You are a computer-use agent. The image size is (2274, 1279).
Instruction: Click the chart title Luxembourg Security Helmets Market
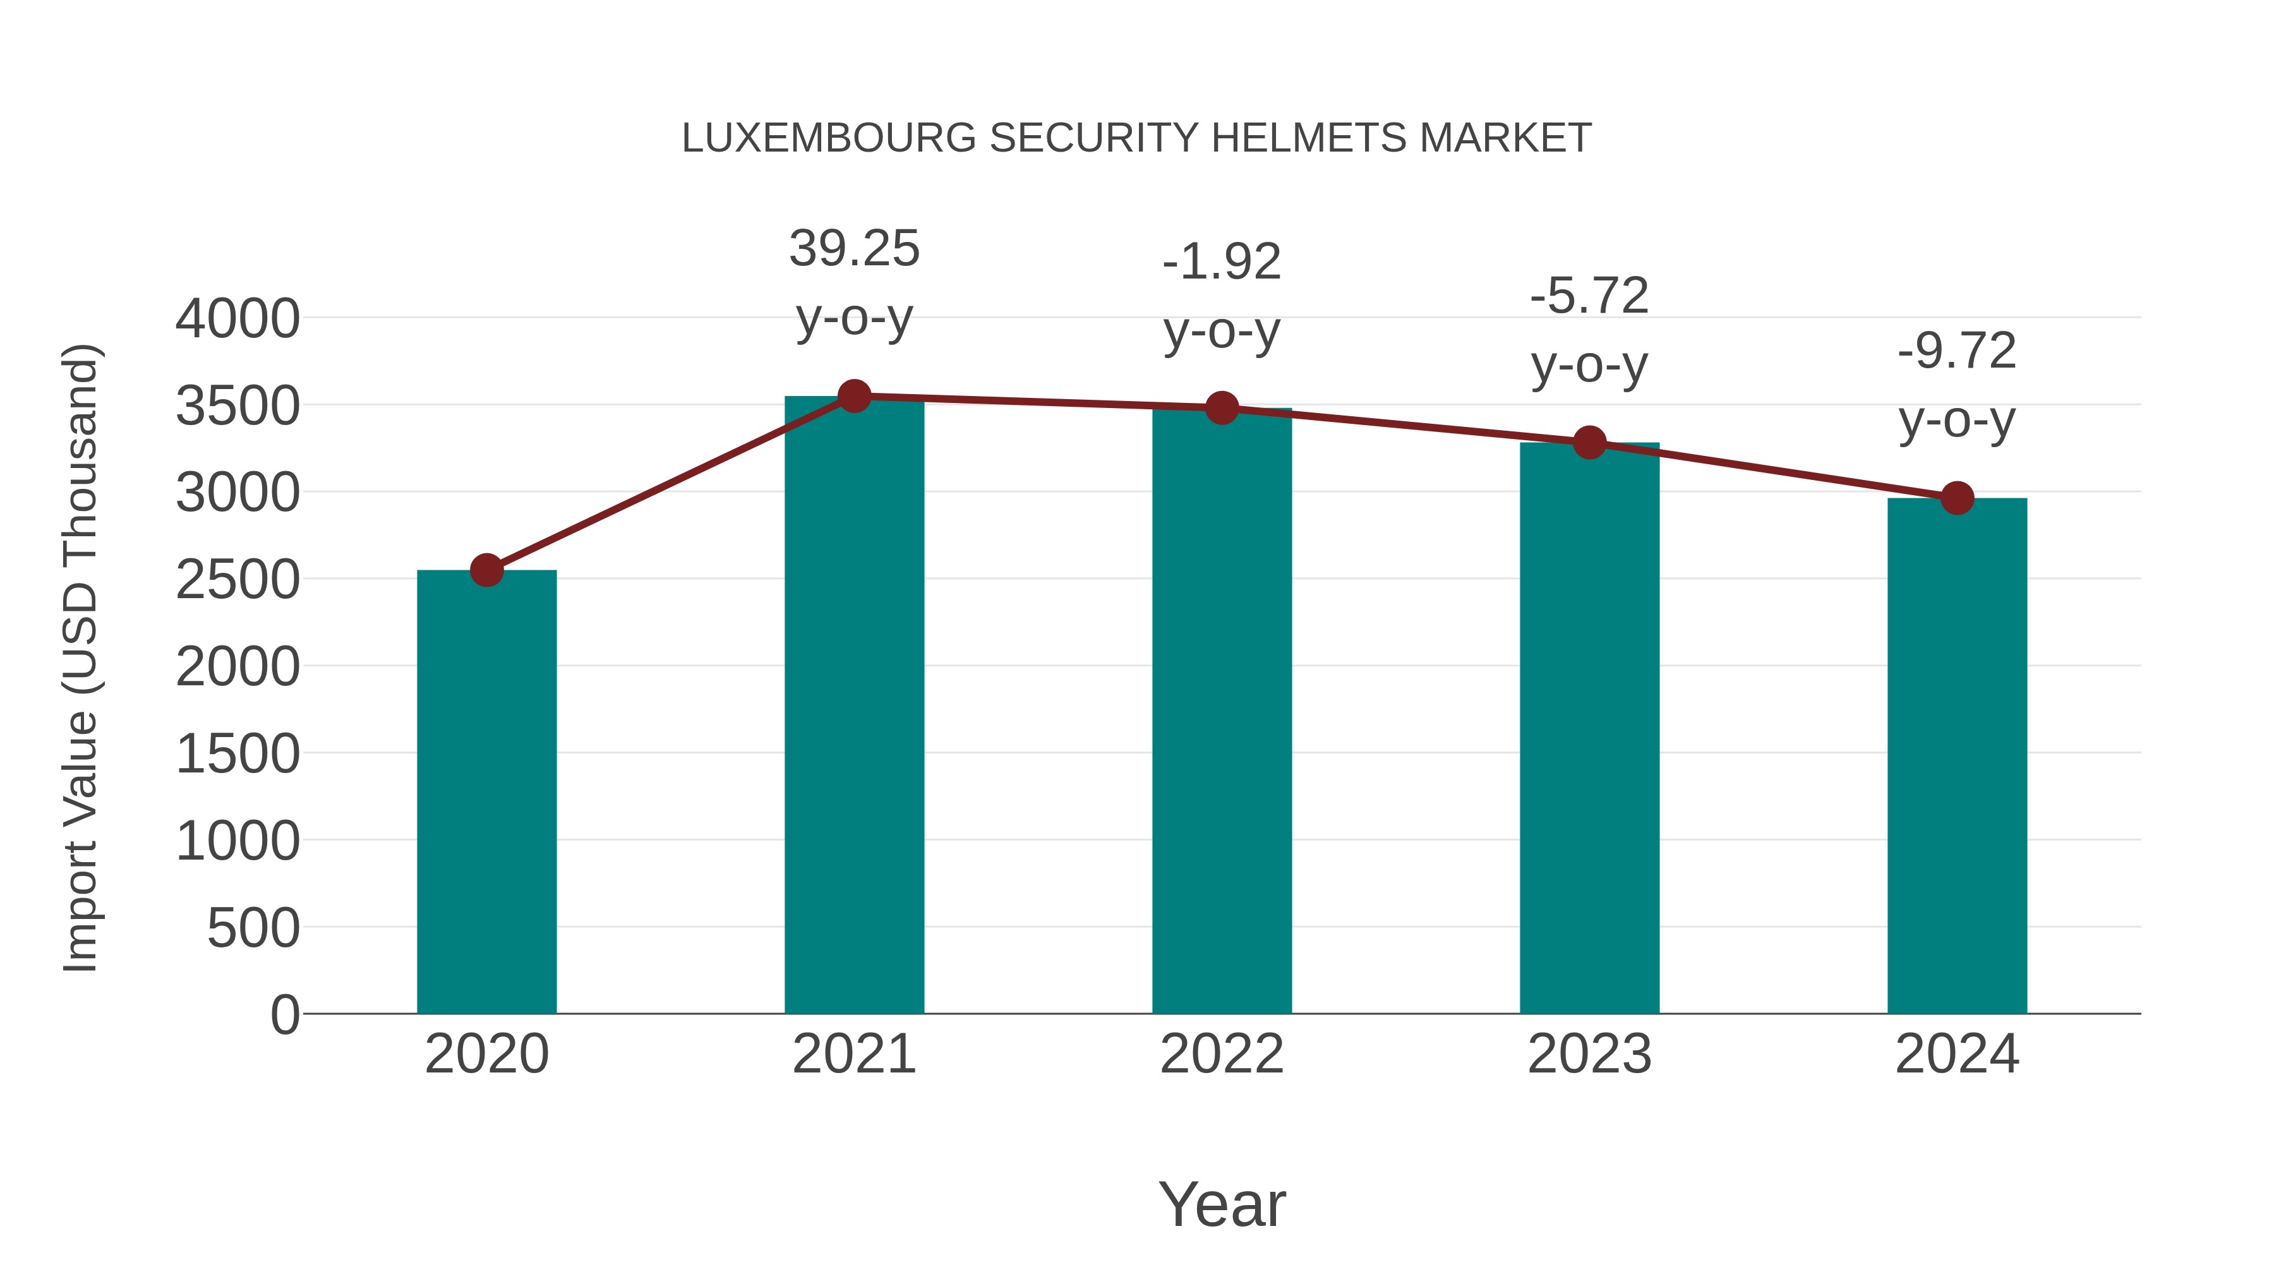pyautogui.click(x=1136, y=138)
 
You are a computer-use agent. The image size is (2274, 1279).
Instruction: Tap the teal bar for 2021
pyautogui.click(x=853, y=706)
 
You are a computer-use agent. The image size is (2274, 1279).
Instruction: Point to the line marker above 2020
pyautogui.click(x=486, y=570)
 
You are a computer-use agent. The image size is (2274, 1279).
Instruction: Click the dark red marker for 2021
pyautogui.click(x=853, y=396)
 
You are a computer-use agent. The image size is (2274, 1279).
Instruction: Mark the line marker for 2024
pyautogui.click(x=1957, y=498)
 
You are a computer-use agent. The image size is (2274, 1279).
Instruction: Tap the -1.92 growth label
pyautogui.click(x=1222, y=297)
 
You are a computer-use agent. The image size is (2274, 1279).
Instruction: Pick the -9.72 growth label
pyautogui.click(x=1957, y=386)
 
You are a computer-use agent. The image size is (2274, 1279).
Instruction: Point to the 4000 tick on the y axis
pyautogui.click(x=238, y=319)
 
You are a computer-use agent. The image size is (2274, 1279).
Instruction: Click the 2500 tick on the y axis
pyautogui.click(x=238, y=580)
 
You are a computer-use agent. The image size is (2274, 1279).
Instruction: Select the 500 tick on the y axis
pyautogui.click(x=253, y=928)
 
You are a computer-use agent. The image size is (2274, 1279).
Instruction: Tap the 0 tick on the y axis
pyautogui.click(x=284, y=1014)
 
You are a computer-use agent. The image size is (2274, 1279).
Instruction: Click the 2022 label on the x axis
pyautogui.click(x=1222, y=1054)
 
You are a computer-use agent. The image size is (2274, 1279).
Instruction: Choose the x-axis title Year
pyautogui.click(x=1222, y=1204)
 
